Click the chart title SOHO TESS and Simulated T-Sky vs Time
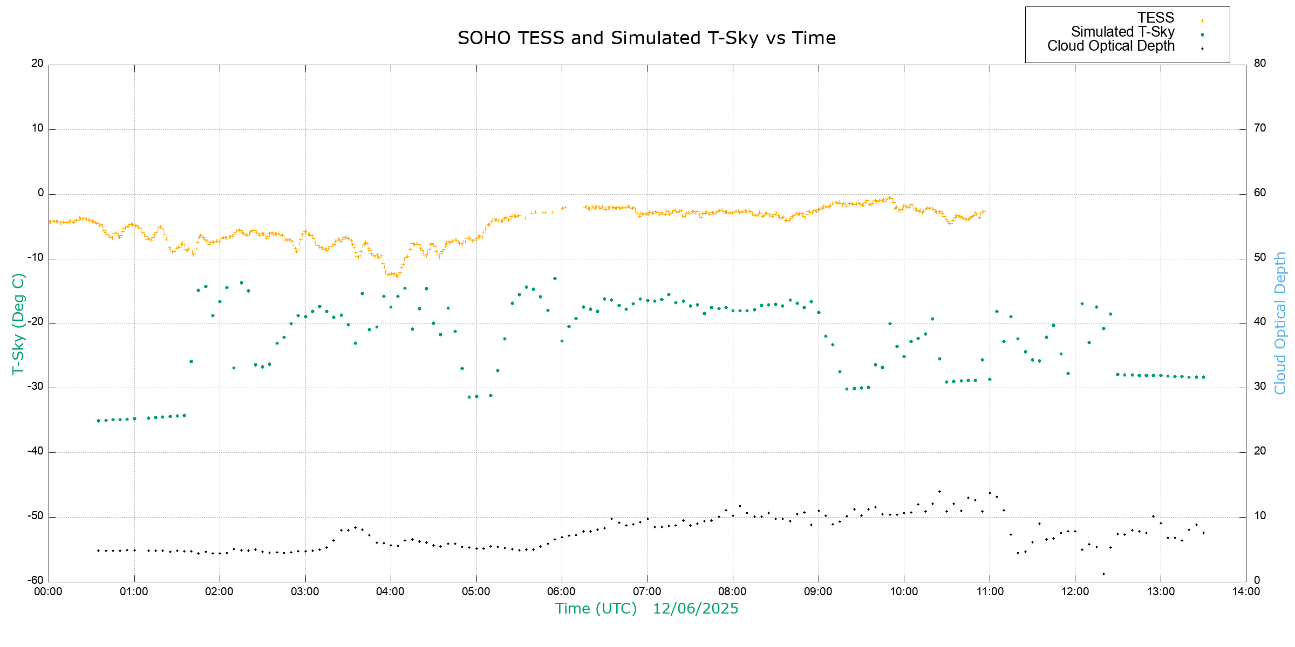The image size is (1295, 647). [x=646, y=38]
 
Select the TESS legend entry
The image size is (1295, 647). [x=1156, y=18]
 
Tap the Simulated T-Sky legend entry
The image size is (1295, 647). [x=1122, y=32]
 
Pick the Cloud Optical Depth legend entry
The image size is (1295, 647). [x=1110, y=46]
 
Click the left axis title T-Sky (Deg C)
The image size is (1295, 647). [x=18, y=323]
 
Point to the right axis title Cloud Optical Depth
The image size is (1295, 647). [x=1280, y=323]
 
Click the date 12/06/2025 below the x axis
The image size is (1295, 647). [x=695, y=609]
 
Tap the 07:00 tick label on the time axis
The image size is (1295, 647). [x=647, y=591]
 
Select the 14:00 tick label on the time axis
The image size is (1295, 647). [x=1246, y=591]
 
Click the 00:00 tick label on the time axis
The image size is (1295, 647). [x=49, y=591]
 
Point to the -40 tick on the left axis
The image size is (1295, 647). [x=36, y=451]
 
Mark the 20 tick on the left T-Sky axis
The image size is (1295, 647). [x=37, y=63]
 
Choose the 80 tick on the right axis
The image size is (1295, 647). [x=1259, y=63]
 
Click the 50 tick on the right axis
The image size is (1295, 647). [x=1259, y=257]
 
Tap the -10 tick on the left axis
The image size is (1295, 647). [x=36, y=257]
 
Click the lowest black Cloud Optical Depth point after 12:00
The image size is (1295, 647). [x=1103, y=574]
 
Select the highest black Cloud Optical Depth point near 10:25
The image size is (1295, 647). [x=939, y=491]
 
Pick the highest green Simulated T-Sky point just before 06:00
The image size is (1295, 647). [x=555, y=279]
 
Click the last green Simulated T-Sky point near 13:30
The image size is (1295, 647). [x=1203, y=377]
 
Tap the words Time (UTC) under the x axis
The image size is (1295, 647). [x=596, y=609]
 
